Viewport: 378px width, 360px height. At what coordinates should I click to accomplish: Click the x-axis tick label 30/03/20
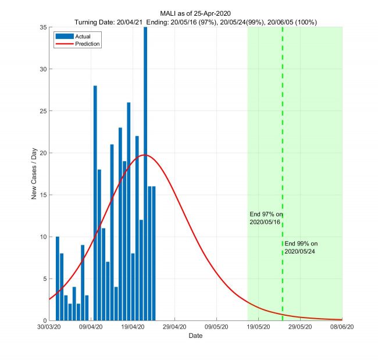[49, 327]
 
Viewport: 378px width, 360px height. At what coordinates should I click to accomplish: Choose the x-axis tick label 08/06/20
[342, 327]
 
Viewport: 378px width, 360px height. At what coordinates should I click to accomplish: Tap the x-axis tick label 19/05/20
[258, 327]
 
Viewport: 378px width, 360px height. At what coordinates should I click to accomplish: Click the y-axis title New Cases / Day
[34, 174]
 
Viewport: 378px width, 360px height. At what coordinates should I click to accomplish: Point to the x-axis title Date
[195, 336]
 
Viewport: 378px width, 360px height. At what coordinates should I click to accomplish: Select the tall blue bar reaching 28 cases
[95, 203]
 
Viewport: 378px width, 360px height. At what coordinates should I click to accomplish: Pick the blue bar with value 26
[129, 211]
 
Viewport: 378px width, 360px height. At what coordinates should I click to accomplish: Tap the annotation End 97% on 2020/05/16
[265, 219]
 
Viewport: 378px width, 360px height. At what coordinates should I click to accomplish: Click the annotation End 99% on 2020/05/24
[301, 247]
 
